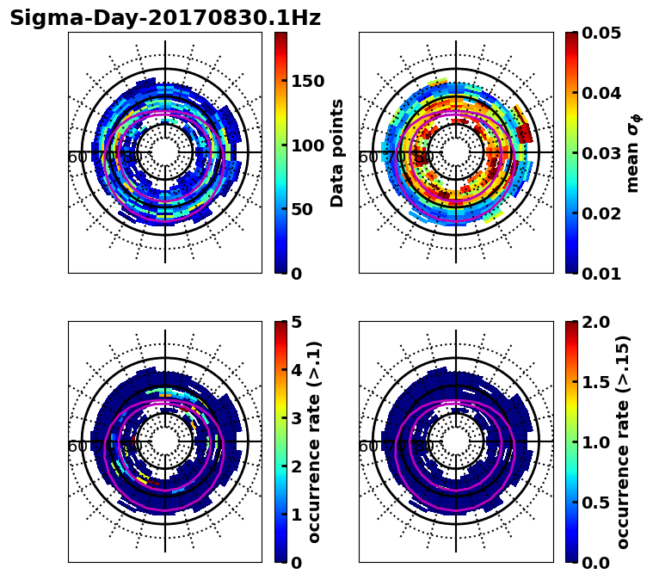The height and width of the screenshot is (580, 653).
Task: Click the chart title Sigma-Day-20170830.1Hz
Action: (x=164, y=18)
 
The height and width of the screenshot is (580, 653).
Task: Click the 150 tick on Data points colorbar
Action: (x=306, y=81)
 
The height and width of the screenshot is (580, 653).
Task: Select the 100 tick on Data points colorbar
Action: (x=306, y=145)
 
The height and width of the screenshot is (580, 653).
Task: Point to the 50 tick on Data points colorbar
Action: (x=301, y=209)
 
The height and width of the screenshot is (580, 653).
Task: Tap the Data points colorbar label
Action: (x=337, y=152)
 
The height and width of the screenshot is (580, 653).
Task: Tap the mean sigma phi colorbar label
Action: (x=633, y=153)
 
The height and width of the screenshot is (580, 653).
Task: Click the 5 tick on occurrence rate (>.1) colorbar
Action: (x=297, y=322)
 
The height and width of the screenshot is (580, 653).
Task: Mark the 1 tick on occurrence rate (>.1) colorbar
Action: (x=297, y=515)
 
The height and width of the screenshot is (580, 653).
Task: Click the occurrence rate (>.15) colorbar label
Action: (x=624, y=442)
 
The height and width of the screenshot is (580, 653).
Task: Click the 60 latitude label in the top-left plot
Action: (x=77, y=157)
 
